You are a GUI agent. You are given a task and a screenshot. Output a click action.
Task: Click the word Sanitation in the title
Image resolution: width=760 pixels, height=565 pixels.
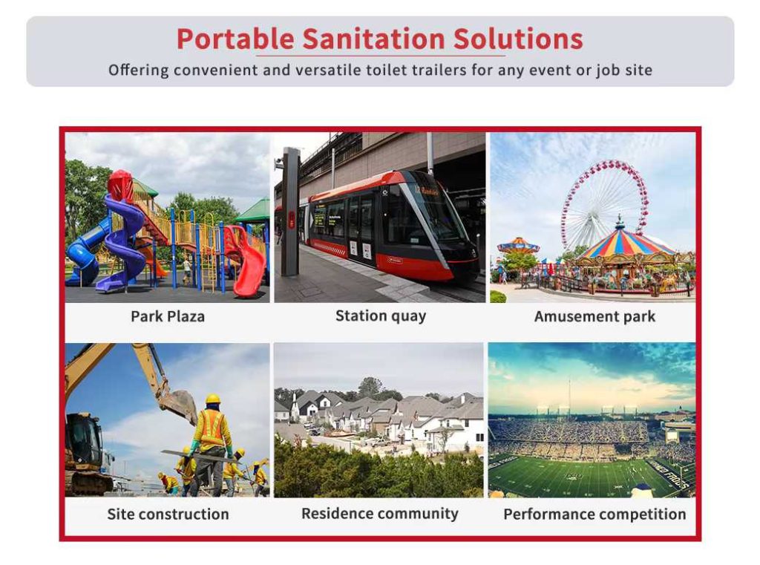[374, 39]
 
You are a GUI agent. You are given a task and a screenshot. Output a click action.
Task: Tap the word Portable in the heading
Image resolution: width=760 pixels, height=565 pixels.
[235, 39]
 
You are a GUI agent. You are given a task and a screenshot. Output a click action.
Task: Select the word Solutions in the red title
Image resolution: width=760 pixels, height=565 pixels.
[518, 39]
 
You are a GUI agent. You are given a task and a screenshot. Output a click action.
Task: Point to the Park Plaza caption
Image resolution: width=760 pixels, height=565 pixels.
[168, 317]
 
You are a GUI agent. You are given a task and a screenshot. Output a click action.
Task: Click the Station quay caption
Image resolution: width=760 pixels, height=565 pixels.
[381, 316]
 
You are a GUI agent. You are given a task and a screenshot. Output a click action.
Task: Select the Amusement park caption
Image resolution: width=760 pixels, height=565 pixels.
[594, 317]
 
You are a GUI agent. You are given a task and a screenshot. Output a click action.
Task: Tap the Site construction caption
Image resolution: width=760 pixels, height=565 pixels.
[168, 514]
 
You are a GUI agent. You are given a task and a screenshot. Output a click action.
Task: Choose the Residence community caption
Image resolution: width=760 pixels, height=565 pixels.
[380, 514]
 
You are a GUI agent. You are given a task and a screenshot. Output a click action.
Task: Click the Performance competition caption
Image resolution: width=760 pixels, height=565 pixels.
[594, 514]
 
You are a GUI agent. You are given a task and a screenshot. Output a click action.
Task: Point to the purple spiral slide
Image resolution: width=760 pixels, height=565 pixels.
[123, 243]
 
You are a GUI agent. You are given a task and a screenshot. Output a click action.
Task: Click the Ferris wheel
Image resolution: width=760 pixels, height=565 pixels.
[604, 203]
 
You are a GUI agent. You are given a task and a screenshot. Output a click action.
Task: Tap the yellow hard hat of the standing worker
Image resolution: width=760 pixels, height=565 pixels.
[213, 399]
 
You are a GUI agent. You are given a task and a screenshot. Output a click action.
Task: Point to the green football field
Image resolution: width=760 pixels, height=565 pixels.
[586, 475]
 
